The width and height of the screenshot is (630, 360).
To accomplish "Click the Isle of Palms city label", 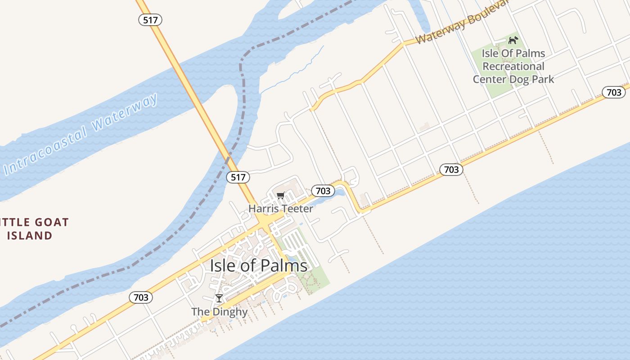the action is point(258,265).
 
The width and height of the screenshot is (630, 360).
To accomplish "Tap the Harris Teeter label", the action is point(280,208).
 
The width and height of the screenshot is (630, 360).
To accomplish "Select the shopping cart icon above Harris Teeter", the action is point(281,195).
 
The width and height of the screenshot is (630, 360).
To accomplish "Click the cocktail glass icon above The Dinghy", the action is point(219,298).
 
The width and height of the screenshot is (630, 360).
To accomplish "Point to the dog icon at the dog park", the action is point(513,40).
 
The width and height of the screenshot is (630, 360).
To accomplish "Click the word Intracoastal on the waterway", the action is point(45,151).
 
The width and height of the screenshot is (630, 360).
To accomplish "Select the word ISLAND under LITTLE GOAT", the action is point(30,235).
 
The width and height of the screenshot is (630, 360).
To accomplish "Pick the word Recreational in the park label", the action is point(513,66).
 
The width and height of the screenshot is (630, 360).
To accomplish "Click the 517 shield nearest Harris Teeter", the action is point(238,177).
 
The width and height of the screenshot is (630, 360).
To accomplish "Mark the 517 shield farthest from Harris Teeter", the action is point(150,20).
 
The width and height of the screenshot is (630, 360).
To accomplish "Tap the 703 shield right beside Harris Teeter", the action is point(323,191).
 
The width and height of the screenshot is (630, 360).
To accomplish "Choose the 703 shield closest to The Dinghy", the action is point(141,297).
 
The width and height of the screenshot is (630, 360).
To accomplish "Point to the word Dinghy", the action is point(232,312).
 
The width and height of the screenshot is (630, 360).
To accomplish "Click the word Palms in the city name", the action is point(286,265).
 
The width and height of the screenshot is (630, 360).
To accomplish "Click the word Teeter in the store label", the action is point(297,208).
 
